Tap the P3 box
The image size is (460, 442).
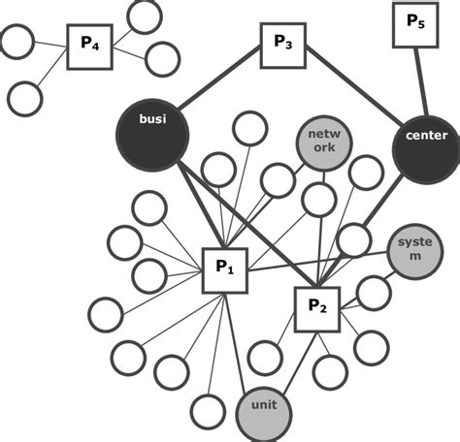click(283, 46)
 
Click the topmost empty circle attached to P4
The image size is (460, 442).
click(145, 16)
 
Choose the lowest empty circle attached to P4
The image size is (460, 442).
click(25, 98)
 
